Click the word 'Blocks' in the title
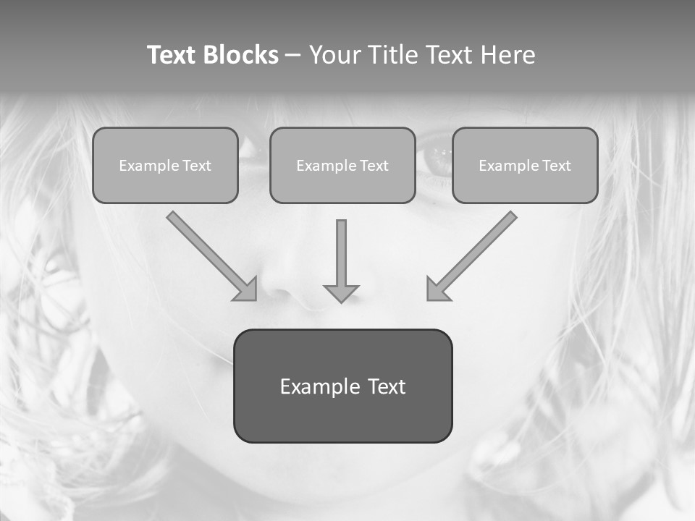tap(241, 55)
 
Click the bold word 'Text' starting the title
tap(173, 55)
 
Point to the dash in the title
tap(293, 56)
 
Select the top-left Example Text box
tap(165, 166)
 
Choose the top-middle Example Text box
tap(342, 166)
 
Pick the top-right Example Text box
tap(525, 166)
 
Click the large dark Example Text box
tap(342, 386)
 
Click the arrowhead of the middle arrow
tap(341, 293)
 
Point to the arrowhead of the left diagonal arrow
tap(245, 289)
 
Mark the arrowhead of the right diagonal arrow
tap(438, 289)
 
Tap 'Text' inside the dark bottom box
tap(387, 386)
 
